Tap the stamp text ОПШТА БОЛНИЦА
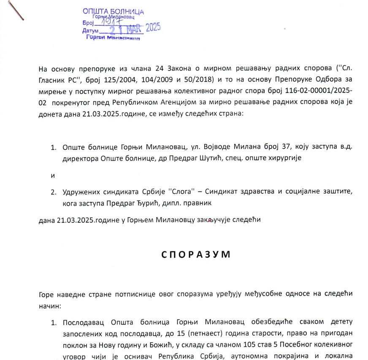[x=113, y=12]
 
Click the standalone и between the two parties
[x=53, y=175]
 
